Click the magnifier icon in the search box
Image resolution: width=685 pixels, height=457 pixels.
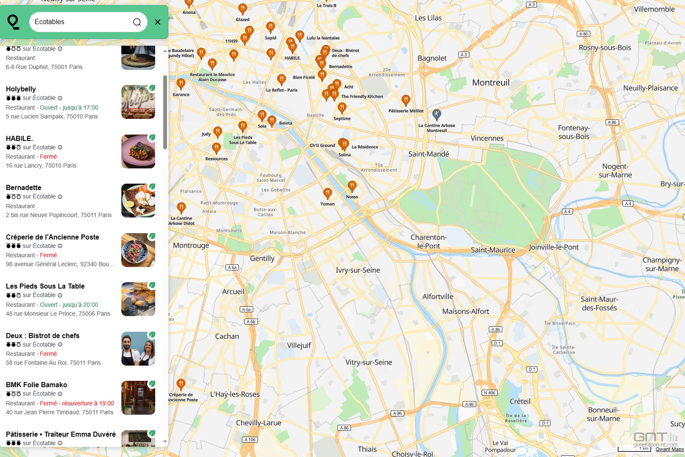(137, 22)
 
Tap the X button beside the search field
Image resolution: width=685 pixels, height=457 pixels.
(158, 22)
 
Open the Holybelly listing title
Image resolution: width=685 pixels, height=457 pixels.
(21, 89)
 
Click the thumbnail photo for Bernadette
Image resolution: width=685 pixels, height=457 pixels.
(138, 201)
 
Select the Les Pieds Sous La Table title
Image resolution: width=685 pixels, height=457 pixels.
(45, 286)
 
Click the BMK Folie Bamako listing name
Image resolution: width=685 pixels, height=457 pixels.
(36, 385)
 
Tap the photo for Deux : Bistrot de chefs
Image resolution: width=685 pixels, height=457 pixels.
(138, 349)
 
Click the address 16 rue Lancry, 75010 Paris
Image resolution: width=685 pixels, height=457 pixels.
(41, 165)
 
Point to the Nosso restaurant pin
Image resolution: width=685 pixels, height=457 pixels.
(352, 186)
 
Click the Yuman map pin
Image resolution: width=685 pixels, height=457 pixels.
(327, 193)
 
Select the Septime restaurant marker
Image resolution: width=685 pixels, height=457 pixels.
(342, 108)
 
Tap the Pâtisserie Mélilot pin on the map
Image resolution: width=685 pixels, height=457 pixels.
(406, 100)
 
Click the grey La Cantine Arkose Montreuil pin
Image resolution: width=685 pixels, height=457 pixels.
(437, 114)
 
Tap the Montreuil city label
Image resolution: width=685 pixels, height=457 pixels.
(491, 83)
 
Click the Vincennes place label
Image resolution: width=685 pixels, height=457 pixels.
(487, 138)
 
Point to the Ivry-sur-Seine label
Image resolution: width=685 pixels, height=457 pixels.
(358, 270)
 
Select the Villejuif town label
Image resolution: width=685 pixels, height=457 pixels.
(299, 345)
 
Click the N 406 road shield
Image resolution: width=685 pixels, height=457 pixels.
(489, 393)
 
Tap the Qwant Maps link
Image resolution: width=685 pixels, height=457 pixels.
(669, 449)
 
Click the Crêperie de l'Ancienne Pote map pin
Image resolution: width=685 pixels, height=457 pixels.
(181, 384)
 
